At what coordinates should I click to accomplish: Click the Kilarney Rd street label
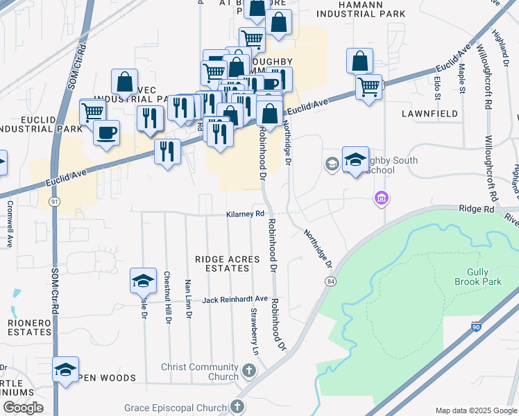[x=246, y=214]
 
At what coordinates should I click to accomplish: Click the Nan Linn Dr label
[x=188, y=298]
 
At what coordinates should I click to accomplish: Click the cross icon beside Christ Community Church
[x=249, y=372]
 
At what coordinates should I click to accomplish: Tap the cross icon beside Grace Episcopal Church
[x=238, y=407]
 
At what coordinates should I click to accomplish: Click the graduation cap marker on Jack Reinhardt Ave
[x=143, y=281]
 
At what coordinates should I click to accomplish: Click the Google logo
[x=23, y=408]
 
